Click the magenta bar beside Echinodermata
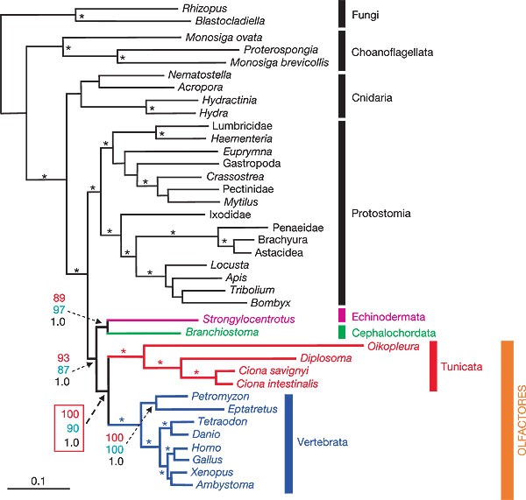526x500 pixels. pos(343,314)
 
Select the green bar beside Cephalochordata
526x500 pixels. pos(343,333)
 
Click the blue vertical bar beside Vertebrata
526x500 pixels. pos(289,441)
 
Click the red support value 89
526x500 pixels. pos(60,299)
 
